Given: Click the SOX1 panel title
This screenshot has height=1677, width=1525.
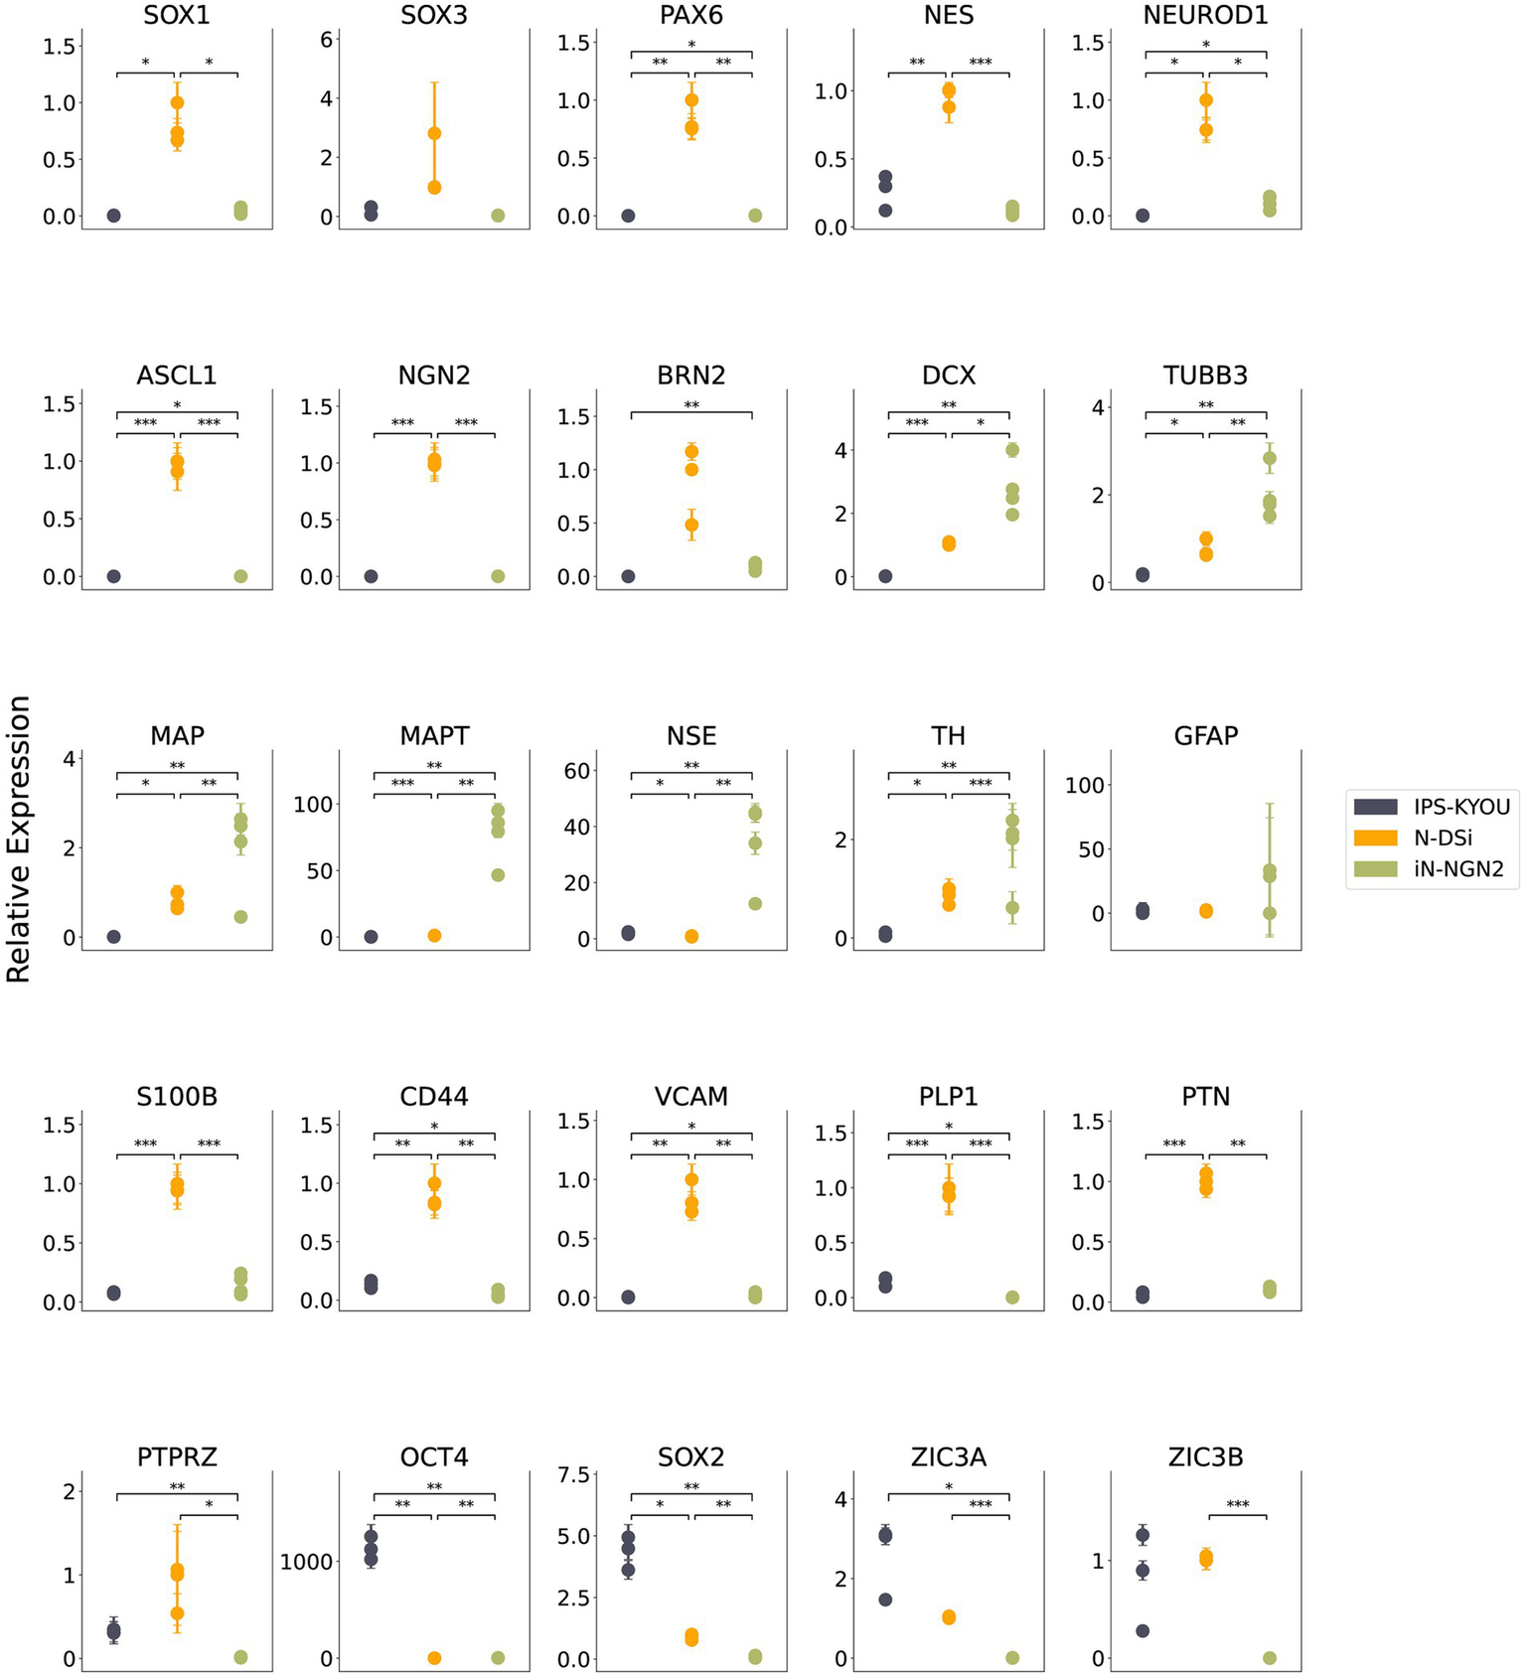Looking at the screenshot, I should (x=177, y=15).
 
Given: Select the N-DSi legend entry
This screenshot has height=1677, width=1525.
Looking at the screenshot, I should (x=1442, y=838).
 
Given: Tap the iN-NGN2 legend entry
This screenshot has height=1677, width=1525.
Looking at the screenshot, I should (x=1457, y=869).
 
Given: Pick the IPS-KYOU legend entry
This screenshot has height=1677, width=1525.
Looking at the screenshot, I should (x=1461, y=806).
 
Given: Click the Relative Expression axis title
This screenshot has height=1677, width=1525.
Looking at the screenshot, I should (x=19, y=838).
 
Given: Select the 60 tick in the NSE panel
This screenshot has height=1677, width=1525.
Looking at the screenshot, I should (x=577, y=771).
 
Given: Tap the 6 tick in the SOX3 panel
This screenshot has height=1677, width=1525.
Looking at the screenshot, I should (x=326, y=39).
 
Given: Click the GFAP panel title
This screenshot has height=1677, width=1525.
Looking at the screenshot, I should (x=1205, y=736).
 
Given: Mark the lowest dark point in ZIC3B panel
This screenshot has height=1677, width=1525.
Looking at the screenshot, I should (x=1143, y=1630).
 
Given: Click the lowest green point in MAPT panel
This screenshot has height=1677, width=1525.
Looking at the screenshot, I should (x=498, y=875).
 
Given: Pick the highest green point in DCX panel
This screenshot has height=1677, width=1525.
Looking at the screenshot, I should (x=1012, y=450).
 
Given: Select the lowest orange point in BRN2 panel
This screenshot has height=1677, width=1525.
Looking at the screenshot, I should (x=691, y=525).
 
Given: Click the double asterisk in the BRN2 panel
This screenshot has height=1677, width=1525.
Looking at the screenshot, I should (x=691, y=405).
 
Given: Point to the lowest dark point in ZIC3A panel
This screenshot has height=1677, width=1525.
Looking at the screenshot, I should (x=885, y=1600).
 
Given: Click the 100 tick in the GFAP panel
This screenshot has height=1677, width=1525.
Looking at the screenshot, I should (x=1085, y=785).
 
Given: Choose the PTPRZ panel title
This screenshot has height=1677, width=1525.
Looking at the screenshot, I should (x=177, y=1457).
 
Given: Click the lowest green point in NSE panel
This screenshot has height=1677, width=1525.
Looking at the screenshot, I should (x=755, y=904).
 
